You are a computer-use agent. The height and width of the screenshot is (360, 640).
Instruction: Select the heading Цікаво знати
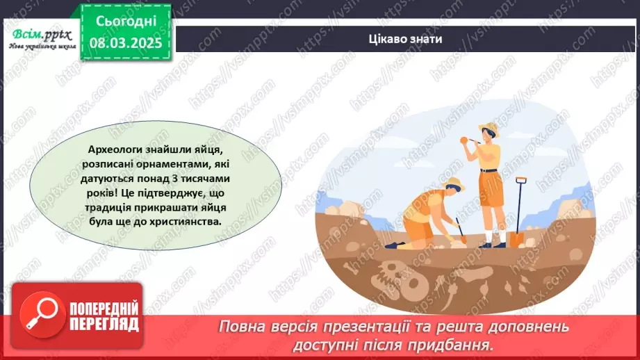coord(406,39)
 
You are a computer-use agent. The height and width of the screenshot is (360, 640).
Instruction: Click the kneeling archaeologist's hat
coord(456,183)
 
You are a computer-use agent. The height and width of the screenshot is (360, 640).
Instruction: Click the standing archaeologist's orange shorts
coord(492,197)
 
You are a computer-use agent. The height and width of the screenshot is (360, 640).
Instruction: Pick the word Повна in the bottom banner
coord(243,327)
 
